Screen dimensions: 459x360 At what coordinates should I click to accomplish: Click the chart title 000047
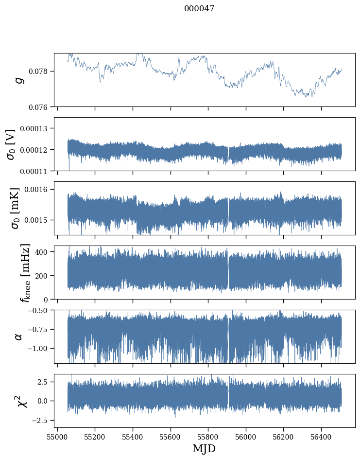coord(199,8)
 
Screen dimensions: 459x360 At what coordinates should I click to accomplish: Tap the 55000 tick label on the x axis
coord(57,436)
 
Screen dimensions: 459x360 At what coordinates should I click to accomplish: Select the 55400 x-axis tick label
coord(133,436)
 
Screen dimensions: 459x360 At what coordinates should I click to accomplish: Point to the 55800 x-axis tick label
coord(208,436)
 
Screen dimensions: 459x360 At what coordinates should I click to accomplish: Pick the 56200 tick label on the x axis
coord(283,436)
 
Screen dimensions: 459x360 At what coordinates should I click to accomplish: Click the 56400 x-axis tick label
coord(321,436)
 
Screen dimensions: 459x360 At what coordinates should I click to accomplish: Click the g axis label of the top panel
coord(19,80)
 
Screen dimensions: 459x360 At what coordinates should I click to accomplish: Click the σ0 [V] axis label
coord(11,144)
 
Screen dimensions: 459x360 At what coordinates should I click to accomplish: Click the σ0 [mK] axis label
coord(11,208)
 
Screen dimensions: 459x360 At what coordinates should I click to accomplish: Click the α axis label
coord(19,336)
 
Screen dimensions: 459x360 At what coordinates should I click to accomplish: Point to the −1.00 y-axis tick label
coord(39,348)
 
